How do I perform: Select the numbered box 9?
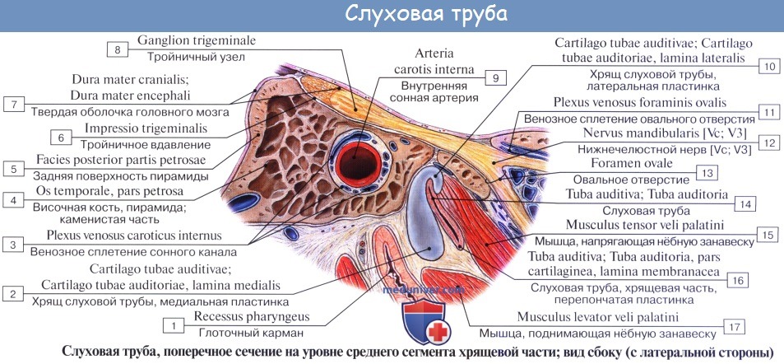495,77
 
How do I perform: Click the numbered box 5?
14,169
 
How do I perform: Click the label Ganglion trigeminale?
197,40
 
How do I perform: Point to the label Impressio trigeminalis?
144,129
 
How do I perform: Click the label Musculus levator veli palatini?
597,316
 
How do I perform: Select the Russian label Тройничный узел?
197,58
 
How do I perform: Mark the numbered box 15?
765,235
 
